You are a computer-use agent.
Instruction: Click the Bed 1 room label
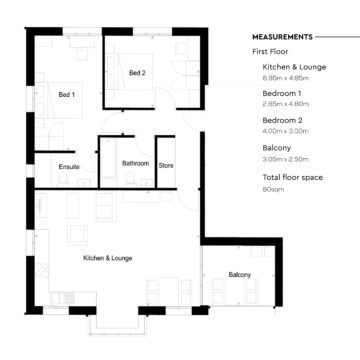click(x=67, y=95)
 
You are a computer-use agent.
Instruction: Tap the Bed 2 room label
click(x=137, y=73)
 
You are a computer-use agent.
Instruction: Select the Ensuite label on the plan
click(x=69, y=166)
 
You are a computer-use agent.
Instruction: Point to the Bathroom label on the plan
click(x=135, y=163)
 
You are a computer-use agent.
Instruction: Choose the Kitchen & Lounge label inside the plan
click(x=107, y=258)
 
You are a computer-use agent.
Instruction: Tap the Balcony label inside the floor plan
click(x=240, y=275)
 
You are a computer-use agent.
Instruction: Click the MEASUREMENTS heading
click(x=283, y=36)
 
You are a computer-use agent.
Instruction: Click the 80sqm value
click(x=269, y=189)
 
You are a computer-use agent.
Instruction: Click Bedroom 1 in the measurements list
click(x=275, y=93)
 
